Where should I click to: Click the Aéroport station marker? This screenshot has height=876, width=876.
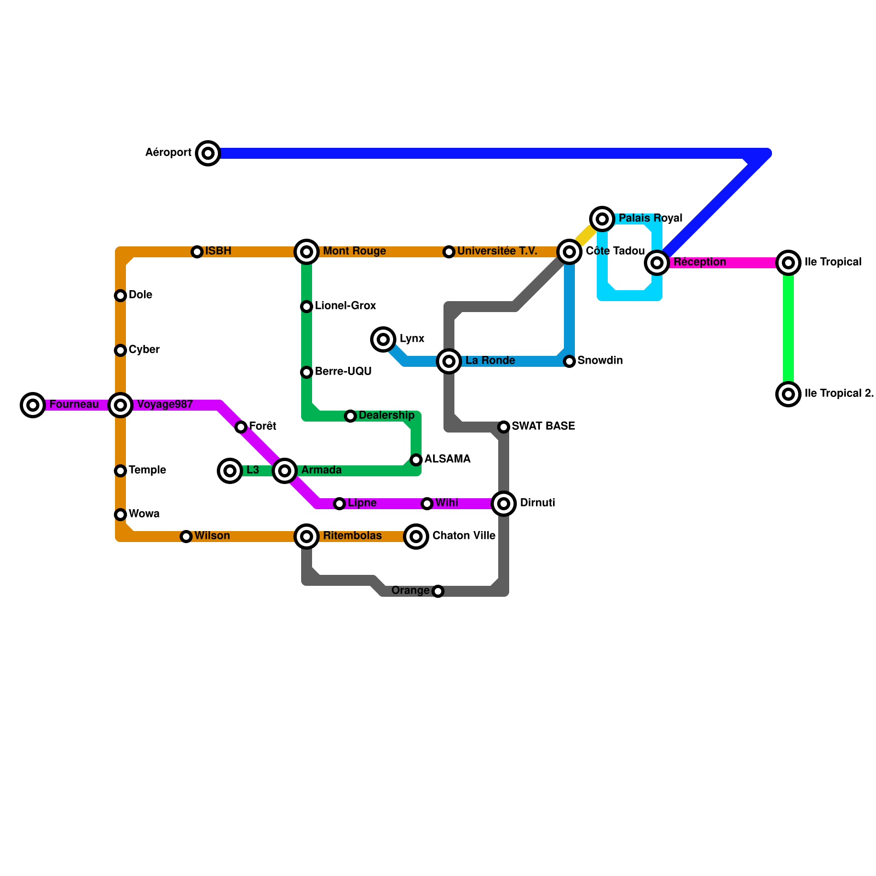tap(208, 153)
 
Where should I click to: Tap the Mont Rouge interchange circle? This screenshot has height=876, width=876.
tap(307, 252)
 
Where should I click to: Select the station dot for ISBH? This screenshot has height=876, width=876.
tap(197, 252)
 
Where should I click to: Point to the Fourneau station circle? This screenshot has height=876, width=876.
tap(33, 405)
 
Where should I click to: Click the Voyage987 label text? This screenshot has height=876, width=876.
tap(165, 405)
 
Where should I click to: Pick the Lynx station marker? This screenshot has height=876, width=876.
tap(383, 339)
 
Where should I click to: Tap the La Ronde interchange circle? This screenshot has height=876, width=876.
tap(449, 361)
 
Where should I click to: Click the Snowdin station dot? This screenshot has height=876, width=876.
tap(569, 361)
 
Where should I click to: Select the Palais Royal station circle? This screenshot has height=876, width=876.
tap(602, 219)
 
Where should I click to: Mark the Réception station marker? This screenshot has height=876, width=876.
tap(657, 263)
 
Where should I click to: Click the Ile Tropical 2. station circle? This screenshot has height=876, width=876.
tap(788, 394)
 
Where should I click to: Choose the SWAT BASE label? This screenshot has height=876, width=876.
tap(543, 426)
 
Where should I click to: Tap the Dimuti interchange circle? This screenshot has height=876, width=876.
tap(504, 504)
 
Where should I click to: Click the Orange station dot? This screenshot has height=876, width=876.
tap(438, 591)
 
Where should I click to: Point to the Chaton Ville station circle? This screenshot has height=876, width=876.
tap(416, 537)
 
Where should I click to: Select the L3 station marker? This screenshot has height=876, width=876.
tap(230, 471)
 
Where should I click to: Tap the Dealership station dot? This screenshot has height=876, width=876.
tap(350, 417)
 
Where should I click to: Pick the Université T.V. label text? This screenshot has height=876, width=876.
tap(497, 251)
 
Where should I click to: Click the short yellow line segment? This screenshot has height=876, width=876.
tap(585, 235)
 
